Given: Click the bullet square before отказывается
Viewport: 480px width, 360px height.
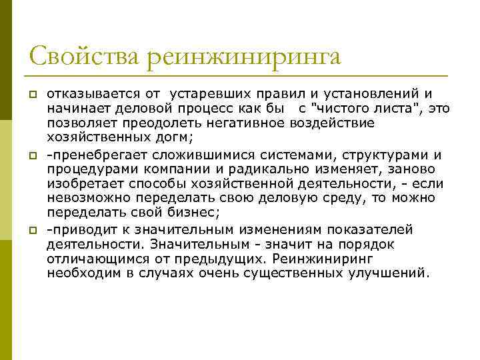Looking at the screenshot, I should [x=31, y=94].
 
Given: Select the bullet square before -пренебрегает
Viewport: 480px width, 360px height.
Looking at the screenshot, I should [x=31, y=155].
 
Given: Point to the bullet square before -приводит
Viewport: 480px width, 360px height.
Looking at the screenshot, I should [x=31, y=230].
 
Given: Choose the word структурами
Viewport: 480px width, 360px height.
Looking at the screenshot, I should [x=383, y=155].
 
